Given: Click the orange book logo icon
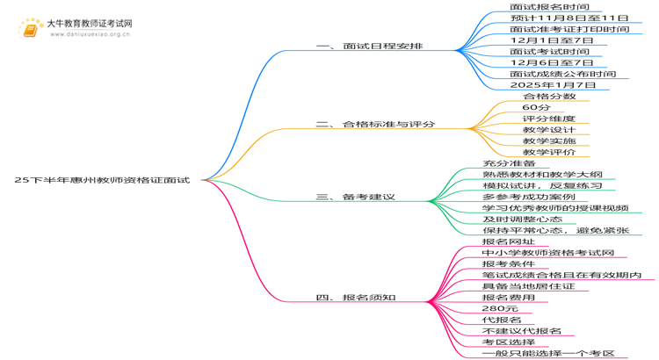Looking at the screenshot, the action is pos(30,28).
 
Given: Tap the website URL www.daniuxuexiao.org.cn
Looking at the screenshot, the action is pos(90,34).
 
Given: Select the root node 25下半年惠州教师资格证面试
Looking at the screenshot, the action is pos(102,180).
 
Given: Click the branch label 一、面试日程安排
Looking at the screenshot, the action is pos(369,47).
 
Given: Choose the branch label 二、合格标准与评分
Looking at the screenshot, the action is pos(375,125).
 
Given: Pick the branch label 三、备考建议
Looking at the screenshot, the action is pos(356,197).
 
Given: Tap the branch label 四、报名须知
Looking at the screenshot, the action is pos(356,298).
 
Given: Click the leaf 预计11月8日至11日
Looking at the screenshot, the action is pos(569,18).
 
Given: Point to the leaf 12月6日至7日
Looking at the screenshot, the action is pos(552,62).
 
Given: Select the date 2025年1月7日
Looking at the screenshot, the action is pos(553,85).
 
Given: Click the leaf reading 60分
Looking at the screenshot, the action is pos(536,107).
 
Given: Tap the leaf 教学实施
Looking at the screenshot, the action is pos(549,140).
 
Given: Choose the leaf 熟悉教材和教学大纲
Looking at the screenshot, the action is pos(543,175).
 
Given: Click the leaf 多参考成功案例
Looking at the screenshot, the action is pos(529,197).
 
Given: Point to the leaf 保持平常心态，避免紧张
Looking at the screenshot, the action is pos(555,230).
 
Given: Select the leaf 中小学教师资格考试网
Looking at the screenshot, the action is pos(548,253).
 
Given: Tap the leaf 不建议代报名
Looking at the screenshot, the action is pos(522,331).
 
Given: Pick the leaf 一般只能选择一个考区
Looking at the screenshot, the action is pos(548,353).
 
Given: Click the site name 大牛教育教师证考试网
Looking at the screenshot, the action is pos(90,24).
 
